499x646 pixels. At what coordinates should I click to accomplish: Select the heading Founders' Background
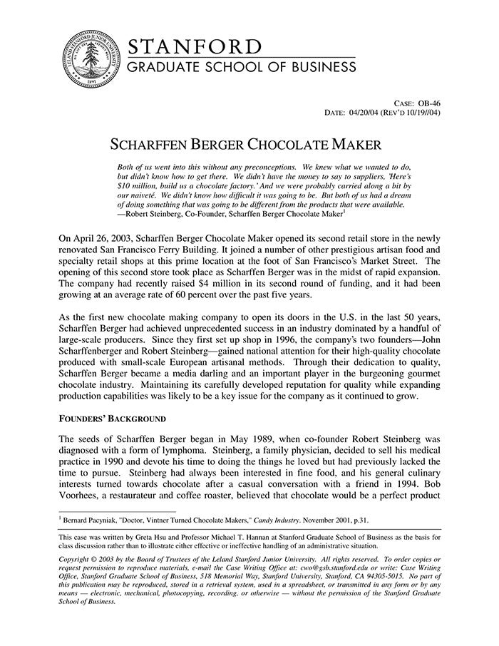(x=112, y=417)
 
